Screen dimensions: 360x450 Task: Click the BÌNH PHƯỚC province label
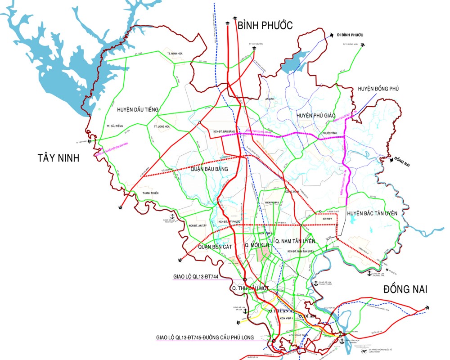click(265, 25)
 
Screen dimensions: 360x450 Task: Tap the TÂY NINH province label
click(58, 157)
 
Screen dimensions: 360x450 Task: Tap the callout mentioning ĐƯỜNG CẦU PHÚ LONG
click(205, 337)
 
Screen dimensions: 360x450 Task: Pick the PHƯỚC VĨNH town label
click(330, 133)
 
